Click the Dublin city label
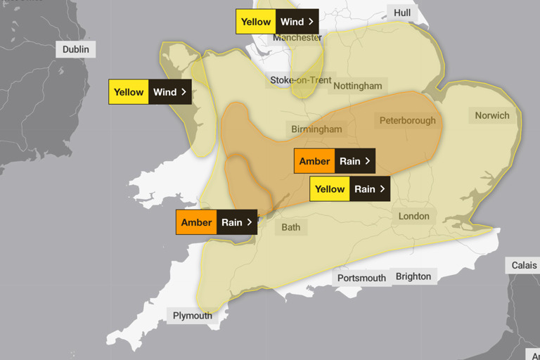[76, 49]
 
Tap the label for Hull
[402, 13]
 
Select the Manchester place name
[297, 38]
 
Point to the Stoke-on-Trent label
[301, 80]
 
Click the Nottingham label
[358, 86]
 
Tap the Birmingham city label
[317, 129]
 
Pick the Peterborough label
[407, 120]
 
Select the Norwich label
[492, 115]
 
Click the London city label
[414, 216]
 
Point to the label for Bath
[290, 227]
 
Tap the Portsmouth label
[361, 278]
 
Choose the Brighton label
[413, 276]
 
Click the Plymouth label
[192, 316]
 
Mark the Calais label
[523, 265]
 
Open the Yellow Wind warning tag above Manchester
[277, 22]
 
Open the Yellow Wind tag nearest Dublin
[150, 92]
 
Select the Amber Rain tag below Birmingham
[335, 161]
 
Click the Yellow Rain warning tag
[349, 188]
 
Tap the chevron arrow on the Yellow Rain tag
[382, 188]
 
